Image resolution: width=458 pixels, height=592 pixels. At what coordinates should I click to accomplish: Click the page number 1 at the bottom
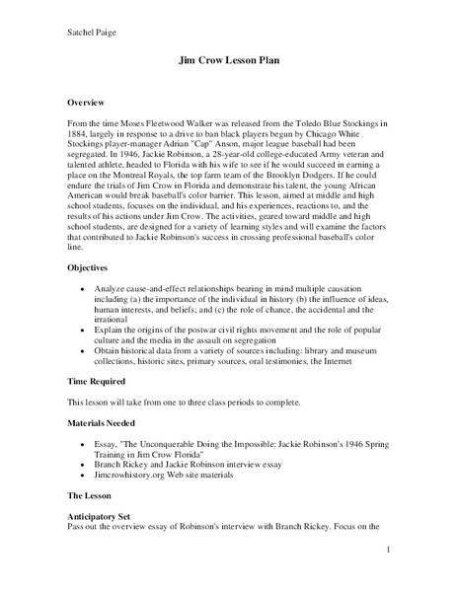click(390, 550)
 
